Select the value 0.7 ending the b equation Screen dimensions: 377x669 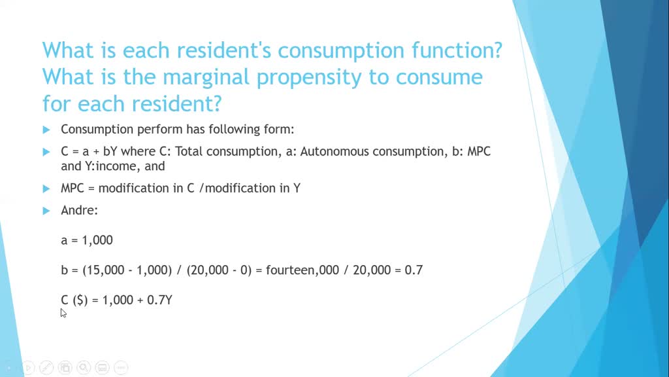click(x=414, y=270)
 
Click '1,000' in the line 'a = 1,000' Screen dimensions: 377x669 click(x=97, y=240)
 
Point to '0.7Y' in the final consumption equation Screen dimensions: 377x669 click(x=159, y=300)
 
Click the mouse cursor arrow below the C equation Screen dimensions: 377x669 click(x=63, y=312)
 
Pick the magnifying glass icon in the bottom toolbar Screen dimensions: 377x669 click(x=84, y=368)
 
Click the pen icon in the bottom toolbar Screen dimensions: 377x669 click(x=46, y=368)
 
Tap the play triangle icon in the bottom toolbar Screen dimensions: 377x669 click(x=28, y=368)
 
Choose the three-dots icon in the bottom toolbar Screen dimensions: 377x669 click(x=122, y=368)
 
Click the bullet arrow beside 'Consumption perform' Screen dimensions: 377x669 click(x=46, y=129)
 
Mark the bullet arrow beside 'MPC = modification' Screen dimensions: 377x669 click(x=46, y=188)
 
